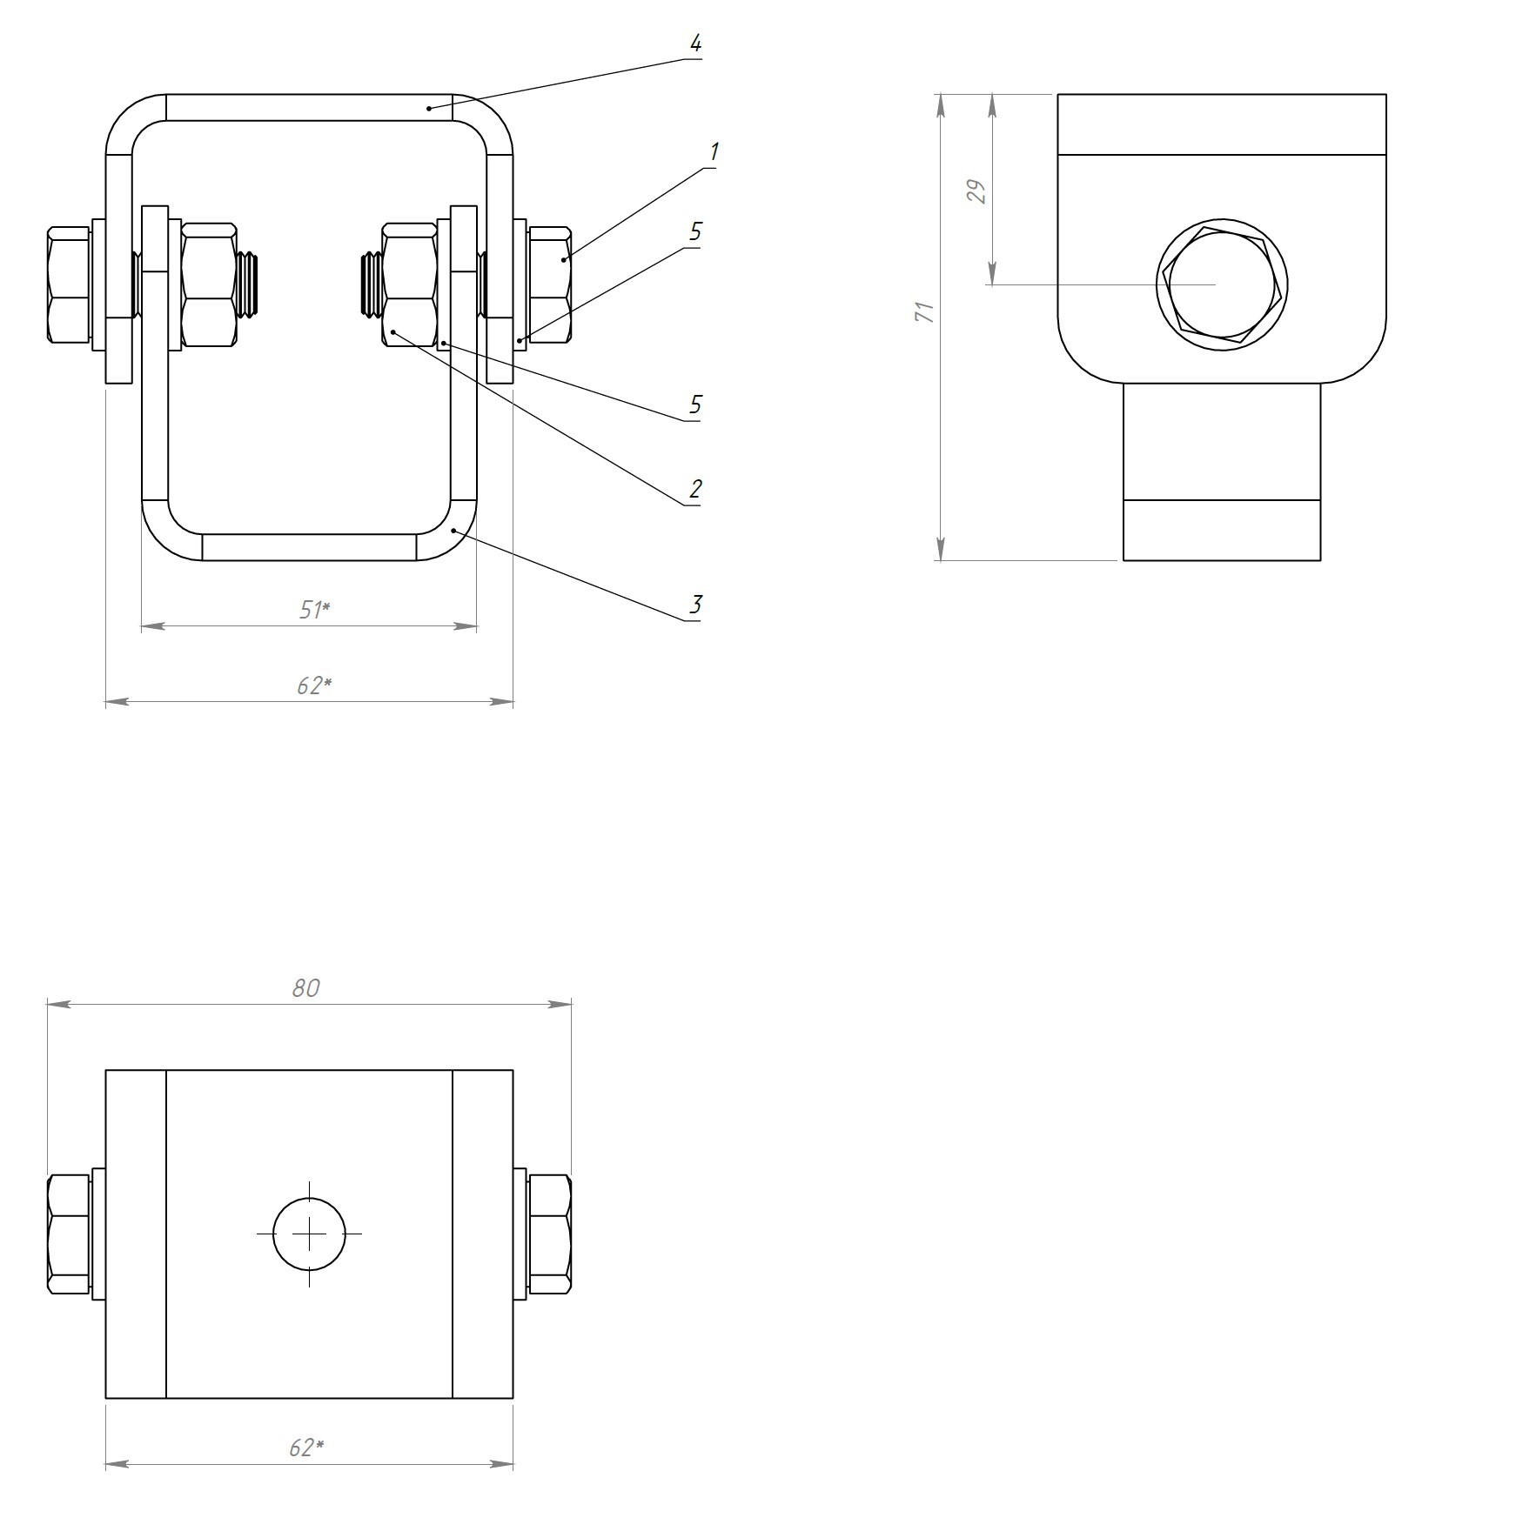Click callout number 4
click(x=694, y=43)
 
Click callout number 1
click(x=714, y=152)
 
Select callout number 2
click(x=694, y=489)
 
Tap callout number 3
click(x=694, y=604)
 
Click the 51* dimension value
click(x=314, y=610)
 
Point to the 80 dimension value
click(x=306, y=988)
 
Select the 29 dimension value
click(x=978, y=191)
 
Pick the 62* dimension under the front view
click(x=314, y=685)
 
